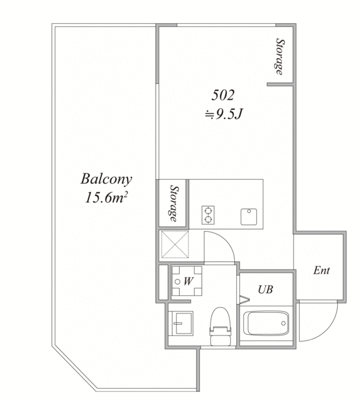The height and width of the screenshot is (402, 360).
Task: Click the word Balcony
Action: pos(106,180)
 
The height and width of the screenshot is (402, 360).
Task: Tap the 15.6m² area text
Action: pos(106,198)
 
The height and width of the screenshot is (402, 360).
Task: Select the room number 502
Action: pos(223,95)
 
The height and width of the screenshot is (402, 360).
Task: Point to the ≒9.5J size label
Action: pos(224,114)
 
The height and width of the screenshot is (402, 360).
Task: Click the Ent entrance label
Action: pos(321,271)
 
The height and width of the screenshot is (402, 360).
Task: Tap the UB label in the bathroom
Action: pos(265,290)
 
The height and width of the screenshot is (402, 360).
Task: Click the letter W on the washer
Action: pos(188,281)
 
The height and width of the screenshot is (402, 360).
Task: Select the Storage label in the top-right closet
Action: pos(280,57)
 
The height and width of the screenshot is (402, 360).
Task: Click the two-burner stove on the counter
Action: pos(208,215)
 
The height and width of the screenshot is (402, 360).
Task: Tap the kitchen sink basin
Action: pos(249,217)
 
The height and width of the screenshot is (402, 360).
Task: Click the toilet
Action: pos(221,327)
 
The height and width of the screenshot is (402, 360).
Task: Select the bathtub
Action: pos(266,323)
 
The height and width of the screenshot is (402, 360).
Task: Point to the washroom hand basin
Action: pos(181,323)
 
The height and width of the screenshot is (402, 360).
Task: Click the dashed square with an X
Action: pos(175,244)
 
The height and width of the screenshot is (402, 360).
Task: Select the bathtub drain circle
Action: pos(283,323)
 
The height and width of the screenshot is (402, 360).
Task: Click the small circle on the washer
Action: pos(177,281)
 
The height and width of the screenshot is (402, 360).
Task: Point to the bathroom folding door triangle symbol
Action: pos(244,300)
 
